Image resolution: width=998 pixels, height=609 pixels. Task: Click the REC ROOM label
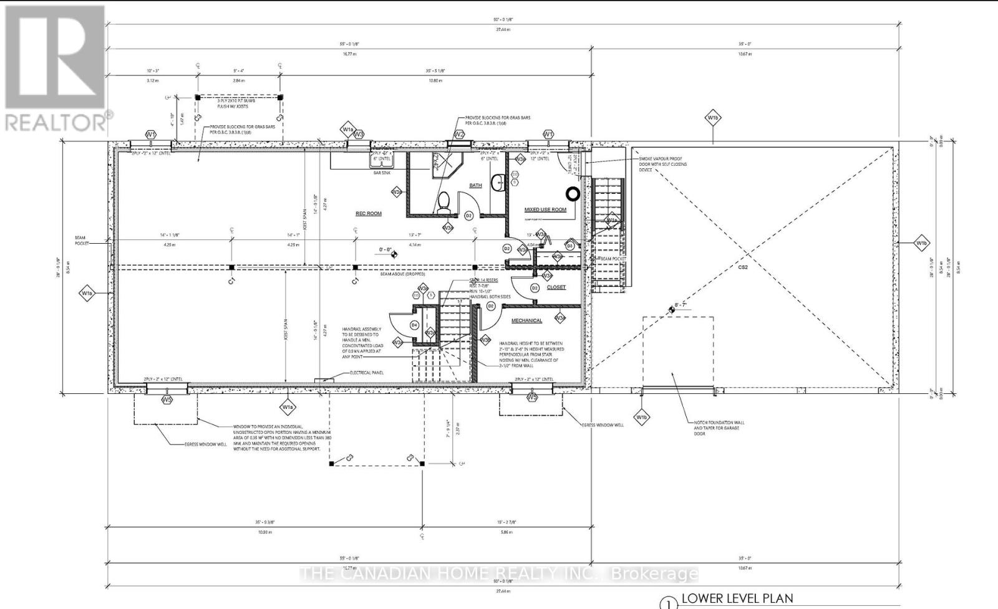coord(368,213)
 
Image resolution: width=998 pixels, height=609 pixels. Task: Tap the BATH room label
coord(475,185)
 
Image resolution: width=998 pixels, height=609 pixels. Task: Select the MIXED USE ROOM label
coord(545,209)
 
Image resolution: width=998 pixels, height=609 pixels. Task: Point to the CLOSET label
coord(556,287)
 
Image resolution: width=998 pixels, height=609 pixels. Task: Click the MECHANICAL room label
coord(526,320)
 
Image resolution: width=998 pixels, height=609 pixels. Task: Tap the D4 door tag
coord(414,325)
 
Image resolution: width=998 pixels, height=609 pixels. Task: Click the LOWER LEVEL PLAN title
coord(737,598)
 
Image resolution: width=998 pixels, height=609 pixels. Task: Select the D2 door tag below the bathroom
coord(468,215)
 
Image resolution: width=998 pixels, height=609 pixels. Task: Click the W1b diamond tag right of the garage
coord(921,242)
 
